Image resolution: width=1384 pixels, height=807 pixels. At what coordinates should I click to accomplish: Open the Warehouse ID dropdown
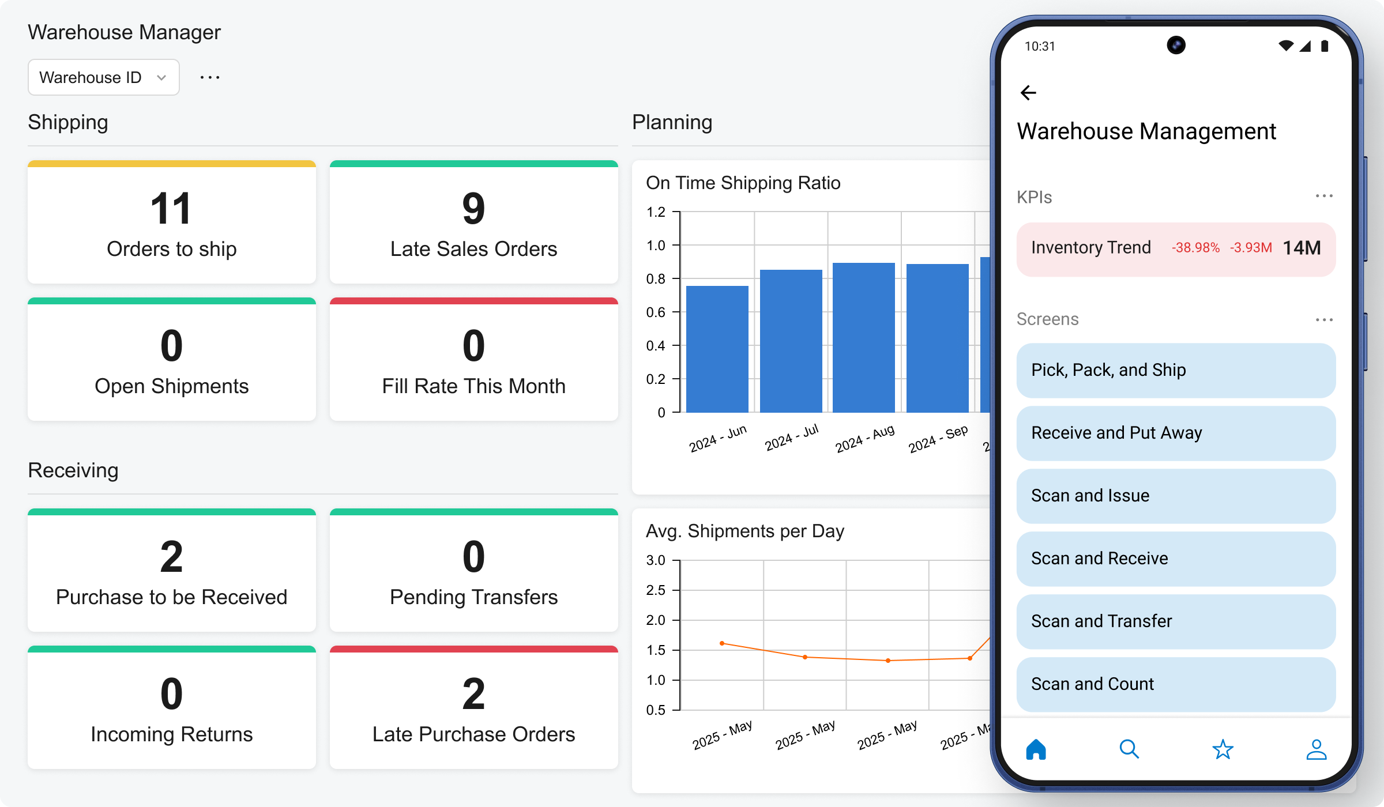tap(103, 77)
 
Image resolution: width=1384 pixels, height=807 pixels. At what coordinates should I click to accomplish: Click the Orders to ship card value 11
tap(171, 209)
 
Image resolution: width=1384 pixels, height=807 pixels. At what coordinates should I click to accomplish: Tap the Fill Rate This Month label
tap(473, 386)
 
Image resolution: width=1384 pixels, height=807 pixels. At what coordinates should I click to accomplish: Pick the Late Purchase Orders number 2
tap(473, 694)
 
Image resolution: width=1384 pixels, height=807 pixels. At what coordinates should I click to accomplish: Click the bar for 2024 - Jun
tap(717, 349)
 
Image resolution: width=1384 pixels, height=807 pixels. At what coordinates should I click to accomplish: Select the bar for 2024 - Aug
tap(863, 338)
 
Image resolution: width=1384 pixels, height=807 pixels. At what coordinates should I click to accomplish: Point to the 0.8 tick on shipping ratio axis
tap(656, 279)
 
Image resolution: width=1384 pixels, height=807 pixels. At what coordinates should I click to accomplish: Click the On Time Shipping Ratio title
tap(743, 183)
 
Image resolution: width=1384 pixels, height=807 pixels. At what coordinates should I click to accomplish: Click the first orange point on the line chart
tap(722, 643)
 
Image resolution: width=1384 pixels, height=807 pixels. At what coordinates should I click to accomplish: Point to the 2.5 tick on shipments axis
tap(656, 590)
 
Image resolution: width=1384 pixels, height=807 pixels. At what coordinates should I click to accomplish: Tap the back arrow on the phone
tap(1028, 93)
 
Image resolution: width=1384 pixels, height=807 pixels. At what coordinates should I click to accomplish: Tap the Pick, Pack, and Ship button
tap(1175, 370)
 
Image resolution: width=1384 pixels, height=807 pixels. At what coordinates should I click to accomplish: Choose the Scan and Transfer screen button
tap(1175, 621)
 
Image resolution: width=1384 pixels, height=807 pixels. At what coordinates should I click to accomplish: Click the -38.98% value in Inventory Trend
tap(1195, 248)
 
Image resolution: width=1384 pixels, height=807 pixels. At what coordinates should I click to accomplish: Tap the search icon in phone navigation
tap(1129, 749)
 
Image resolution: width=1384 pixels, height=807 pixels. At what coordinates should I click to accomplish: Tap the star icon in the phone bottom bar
tap(1223, 749)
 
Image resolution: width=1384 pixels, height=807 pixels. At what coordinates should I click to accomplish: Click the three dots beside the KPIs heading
tap(1323, 196)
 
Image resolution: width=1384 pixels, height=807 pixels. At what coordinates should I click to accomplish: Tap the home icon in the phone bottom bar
tap(1036, 749)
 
